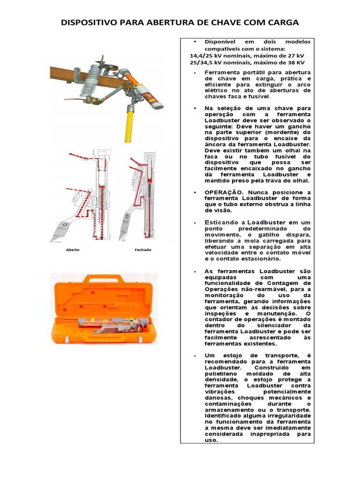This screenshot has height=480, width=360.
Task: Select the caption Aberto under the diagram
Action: (x=73, y=250)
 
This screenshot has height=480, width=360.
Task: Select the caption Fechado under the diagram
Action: (x=143, y=250)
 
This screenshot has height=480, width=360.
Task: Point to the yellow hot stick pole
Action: (x=127, y=124)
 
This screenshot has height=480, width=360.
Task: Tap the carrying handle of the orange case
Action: (x=103, y=278)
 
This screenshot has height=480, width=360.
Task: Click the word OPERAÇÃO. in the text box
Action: (x=223, y=193)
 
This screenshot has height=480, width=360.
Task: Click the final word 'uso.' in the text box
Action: (x=211, y=440)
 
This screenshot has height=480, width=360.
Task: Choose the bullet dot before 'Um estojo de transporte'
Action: (x=195, y=356)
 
